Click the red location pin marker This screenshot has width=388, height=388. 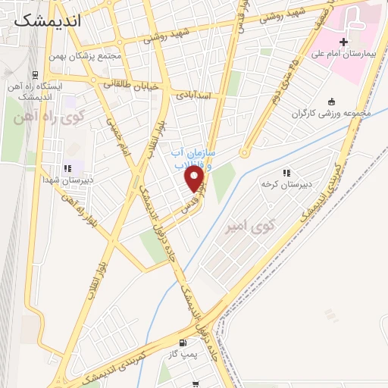click(195, 179)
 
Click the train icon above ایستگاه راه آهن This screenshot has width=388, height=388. click(36, 74)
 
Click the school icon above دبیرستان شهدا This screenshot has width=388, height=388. click(67, 168)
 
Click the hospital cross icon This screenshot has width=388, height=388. click(343, 41)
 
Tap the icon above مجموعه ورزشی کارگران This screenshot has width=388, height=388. click(331, 102)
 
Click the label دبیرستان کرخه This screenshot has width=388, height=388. click(282, 184)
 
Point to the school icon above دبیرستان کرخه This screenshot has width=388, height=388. click(286, 173)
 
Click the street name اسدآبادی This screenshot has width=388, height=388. click(197, 95)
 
